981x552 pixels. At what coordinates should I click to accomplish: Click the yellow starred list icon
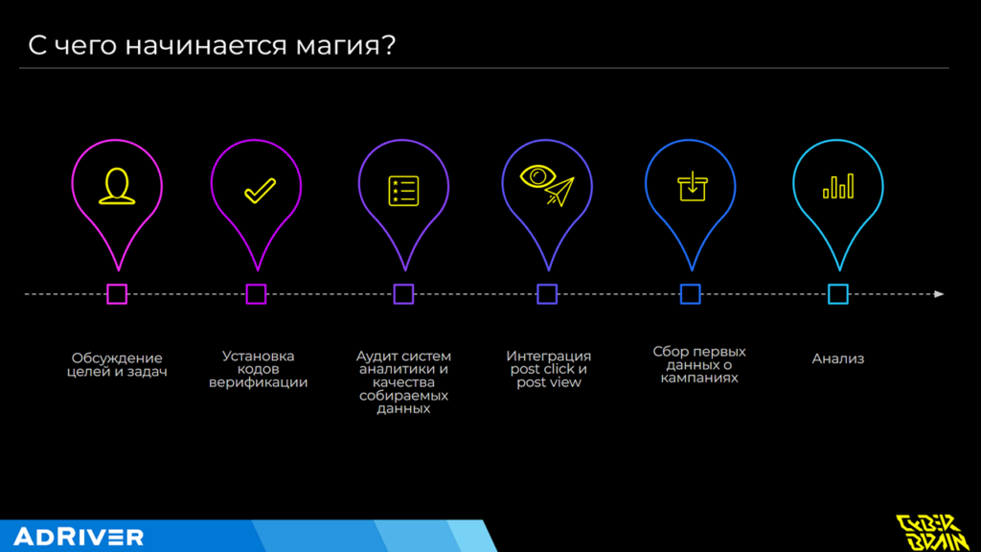(402, 190)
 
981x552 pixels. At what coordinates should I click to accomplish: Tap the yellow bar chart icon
(837, 186)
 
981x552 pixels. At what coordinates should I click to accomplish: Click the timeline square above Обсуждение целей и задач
(117, 294)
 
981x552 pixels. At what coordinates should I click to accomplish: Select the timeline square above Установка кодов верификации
(256, 294)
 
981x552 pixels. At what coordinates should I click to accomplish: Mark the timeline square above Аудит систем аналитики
(403, 294)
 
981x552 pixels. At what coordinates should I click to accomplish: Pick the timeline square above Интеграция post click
(547, 294)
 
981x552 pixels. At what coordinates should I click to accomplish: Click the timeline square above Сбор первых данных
(690, 294)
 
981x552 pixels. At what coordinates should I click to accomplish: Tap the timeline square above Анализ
(837, 294)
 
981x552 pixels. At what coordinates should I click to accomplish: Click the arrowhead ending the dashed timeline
(939, 294)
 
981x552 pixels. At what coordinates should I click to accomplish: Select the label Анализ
(837, 359)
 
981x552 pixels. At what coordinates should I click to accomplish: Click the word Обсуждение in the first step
(117, 358)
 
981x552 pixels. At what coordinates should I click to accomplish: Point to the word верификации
(258, 382)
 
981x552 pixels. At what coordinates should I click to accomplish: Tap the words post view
(548, 382)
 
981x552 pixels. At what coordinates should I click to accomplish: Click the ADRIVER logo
(79, 537)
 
